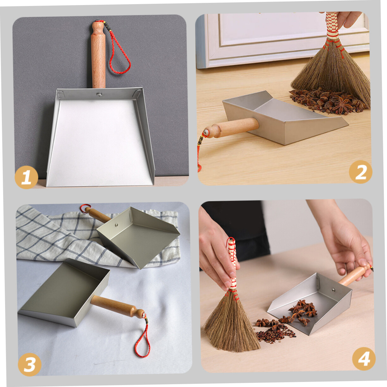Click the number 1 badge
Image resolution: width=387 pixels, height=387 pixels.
[26, 177]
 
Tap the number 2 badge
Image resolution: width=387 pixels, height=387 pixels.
[360, 172]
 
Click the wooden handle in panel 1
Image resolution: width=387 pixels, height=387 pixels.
[98, 55]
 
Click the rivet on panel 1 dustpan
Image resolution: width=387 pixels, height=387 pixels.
[99, 94]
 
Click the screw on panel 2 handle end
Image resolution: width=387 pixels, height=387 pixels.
[206, 132]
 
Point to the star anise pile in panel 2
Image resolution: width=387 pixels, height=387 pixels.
[328, 101]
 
